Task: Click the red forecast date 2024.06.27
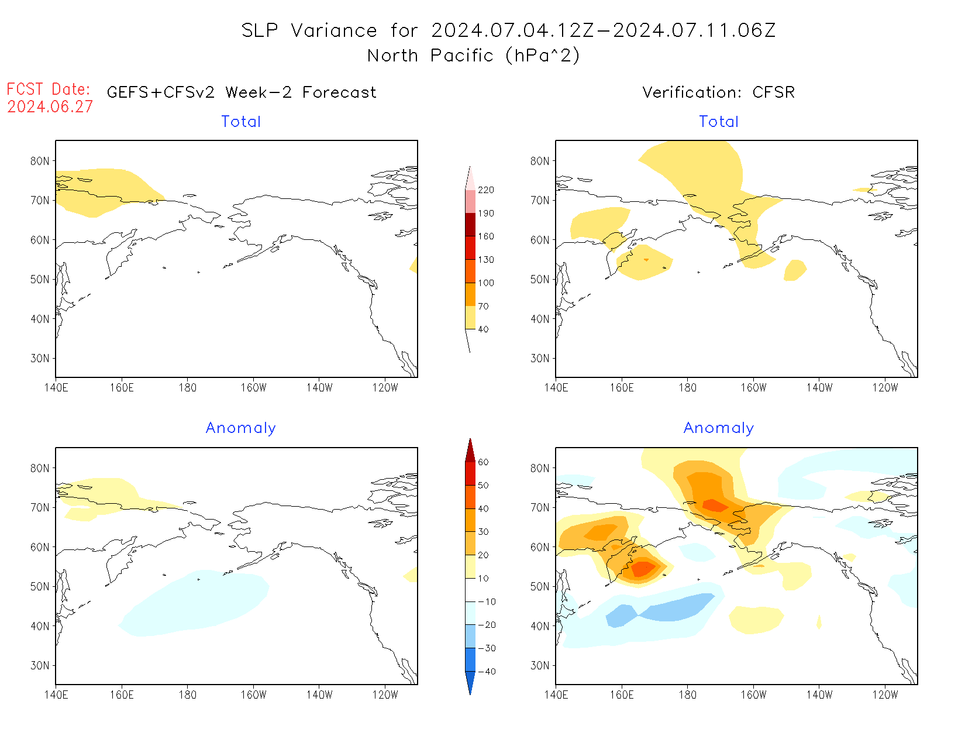[50, 107]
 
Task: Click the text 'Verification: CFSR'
[718, 92]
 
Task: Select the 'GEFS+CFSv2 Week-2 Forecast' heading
[242, 92]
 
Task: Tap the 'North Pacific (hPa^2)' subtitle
[473, 56]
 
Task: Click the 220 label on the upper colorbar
[485, 190]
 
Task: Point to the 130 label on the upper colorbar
[485, 260]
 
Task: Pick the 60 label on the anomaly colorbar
[483, 462]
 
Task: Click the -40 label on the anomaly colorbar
[486, 672]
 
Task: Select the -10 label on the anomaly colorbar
[486, 601]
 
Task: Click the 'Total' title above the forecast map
[241, 122]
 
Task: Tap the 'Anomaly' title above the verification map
[718, 428]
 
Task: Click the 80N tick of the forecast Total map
[40, 161]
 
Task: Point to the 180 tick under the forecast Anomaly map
[187, 695]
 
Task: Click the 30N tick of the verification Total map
[540, 358]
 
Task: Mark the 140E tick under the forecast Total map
[56, 388]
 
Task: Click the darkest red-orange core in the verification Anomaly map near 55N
[643, 568]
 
